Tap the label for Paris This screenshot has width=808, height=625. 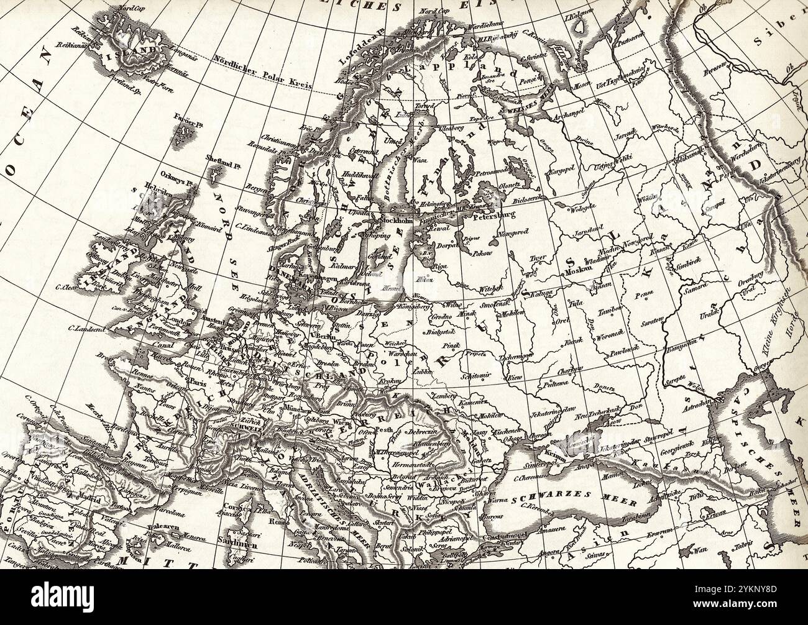pyautogui.click(x=198, y=383)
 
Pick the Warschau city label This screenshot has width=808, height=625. pyautogui.click(x=397, y=352)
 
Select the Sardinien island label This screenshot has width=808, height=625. pyautogui.click(x=228, y=557)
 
